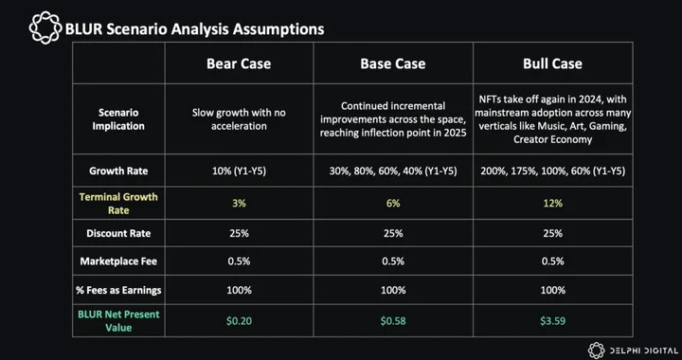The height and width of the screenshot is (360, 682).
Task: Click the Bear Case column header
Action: click(x=239, y=63)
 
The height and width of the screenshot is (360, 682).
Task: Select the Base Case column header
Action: click(x=393, y=63)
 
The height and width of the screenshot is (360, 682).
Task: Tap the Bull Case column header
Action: click(x=552, y=63)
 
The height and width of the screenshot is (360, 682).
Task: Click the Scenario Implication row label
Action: click(x=118, y=119)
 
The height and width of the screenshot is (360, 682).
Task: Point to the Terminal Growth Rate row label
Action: click(x=118, y=204)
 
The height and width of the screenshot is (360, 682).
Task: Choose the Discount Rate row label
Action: click(x=118, y=233)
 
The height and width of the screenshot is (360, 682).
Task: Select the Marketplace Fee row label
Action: click(x=118, y=261)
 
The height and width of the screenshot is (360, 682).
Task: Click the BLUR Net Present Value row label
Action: click(x=118, y=320)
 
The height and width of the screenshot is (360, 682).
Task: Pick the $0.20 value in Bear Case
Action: click(x=239, y=321)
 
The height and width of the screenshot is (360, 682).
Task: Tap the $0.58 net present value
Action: click(x=393, y=321)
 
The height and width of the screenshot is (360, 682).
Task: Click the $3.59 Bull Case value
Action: click(x=552, y=321)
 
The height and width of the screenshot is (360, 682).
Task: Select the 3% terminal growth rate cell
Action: click(x=239, y=203)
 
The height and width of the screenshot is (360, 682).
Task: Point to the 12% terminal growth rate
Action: click(x=552, y=203)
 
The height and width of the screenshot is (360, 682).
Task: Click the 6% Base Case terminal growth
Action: click(x=393, y=203)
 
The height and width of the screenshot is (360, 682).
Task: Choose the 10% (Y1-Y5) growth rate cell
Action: click(x=239, y=171)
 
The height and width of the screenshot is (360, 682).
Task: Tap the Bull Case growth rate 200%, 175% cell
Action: click(x=552, y=171)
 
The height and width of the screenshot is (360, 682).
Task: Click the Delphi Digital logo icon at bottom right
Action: click(x=597, y=351)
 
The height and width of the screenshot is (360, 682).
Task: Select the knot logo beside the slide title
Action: click(x=45, y=27)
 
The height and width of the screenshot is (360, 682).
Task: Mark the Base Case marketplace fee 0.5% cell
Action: click(x=393, y=261)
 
